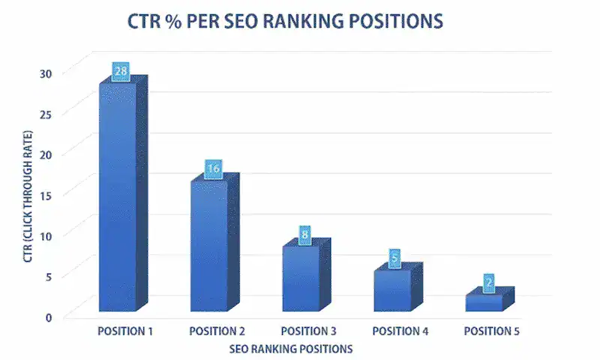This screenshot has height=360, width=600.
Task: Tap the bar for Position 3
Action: click(x=300, y=278)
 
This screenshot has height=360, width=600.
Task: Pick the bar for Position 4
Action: click(x=392, y=290)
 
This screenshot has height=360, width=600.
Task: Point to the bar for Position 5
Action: click(x=484, y=302)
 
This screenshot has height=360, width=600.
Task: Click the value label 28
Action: click(x=121, y=72)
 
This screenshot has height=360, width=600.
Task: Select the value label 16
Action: click(x=213, y=169)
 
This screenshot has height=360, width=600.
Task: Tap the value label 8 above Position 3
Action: click(x=304, y=234)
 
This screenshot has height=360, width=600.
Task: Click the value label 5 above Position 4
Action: click(x=395, y=258)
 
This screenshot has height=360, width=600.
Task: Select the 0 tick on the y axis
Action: click(x=49, y=316)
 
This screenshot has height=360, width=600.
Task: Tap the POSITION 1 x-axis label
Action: click(x=126, y=331)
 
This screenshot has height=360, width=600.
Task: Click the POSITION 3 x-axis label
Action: click(x=308, y=331)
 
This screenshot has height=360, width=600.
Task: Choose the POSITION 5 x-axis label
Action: click(x=491, y=331)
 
